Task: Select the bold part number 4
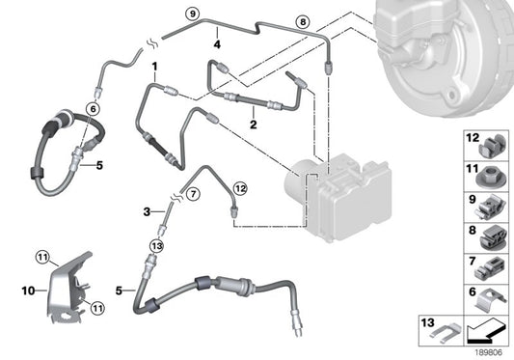coord(219,43)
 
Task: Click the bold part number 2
coord(253,124)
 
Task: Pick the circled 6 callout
coord(93,110)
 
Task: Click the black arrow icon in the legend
coord(488,332)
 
